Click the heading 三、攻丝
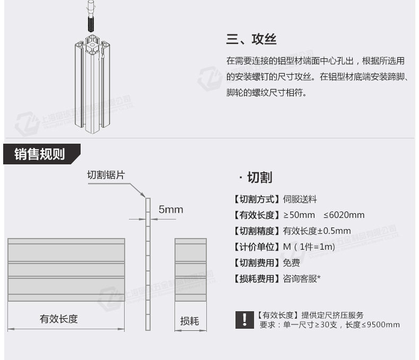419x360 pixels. coord(251,40)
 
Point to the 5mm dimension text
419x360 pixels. coord(171,209)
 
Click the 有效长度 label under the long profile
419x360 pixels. coord(59,319)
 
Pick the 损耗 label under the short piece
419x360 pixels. coord(189,321)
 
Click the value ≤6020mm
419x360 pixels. coord(344,215)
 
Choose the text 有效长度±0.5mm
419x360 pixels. coord(317,231)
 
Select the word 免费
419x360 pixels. coord(291,262)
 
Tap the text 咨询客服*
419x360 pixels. coord(302,278)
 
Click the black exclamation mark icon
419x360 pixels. coord(244,319)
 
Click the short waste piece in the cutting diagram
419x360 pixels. coord(190,270)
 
